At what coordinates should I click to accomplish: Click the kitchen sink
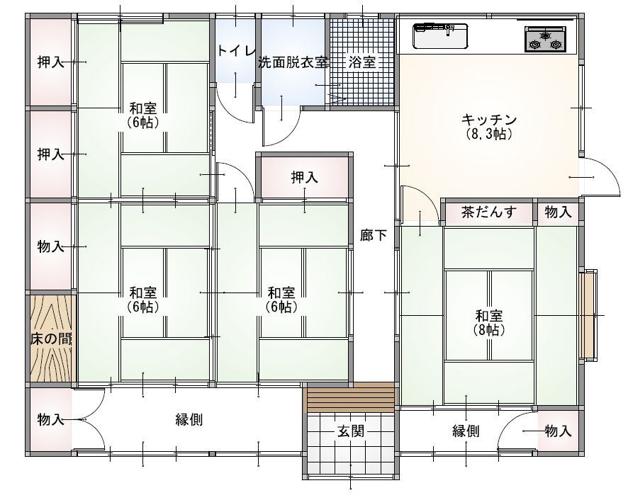pyautogui.click(x=441, y=36)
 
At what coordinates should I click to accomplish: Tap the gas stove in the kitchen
pyautogui.click(x=545, y=39)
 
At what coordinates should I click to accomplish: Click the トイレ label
pyautogui.click(x=236, y=51)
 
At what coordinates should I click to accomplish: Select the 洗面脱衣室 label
pyautogui.click(x=293, y=62)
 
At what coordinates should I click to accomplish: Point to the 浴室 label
pyautogui.click(x=362, y=62)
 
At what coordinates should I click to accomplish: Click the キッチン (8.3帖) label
pyautogui.click(x=489, y=127)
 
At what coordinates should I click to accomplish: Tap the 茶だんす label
pyautogui.click(x=489, y=212)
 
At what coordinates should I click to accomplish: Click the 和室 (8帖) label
pyautogui.click(x=489, y=323)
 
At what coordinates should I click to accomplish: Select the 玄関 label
pyautogui.click(x=351, y=431)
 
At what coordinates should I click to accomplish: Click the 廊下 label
pyautogui.click(x=374, y=235)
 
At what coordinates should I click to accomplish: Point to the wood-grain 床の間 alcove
pyautogui.click(x=51, y=339)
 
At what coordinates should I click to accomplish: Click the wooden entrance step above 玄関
pyautogui.click(x=351, y=397)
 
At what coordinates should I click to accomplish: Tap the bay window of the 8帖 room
pyautogui.click(x=588, y=315)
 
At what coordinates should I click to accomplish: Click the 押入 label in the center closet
pyautogui.click(x=304, y=177)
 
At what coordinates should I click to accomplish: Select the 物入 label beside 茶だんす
pyautogui.click(x=558, y=212)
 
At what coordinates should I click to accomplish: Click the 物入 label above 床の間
pyautogui.click(x=51, y=246)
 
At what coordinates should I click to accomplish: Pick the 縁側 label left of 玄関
pyautogui.click(x=189, y=420)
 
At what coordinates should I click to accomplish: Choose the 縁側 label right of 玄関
pyautogui.click(x=466, y=431)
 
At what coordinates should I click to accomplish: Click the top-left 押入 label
pyautogui.click(x=51, y=62)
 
